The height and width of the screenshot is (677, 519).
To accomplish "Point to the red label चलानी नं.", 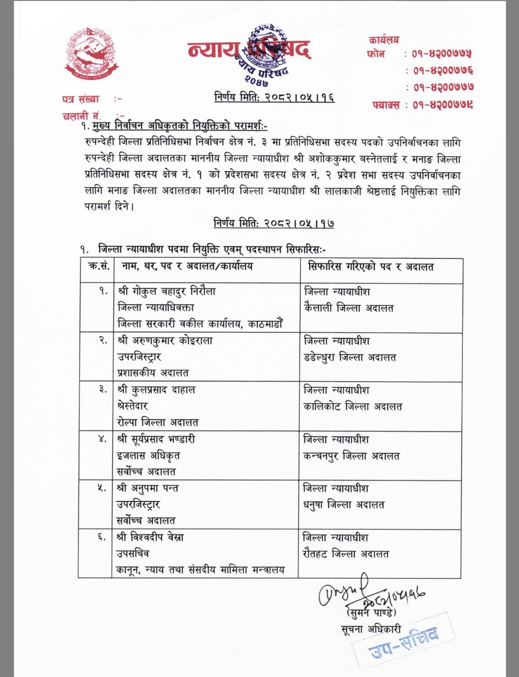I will [x=82, y=116].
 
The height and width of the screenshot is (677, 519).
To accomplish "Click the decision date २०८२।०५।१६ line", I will [x=274, y=97].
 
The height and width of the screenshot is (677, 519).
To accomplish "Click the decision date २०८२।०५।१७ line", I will [x=274, y=223].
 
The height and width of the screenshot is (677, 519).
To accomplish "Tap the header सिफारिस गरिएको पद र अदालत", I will [x=371, y=267].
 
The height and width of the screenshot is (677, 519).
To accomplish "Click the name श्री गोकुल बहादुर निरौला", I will [x=167, y=291].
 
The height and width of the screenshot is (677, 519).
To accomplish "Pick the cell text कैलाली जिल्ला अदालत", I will [x=349, y=308].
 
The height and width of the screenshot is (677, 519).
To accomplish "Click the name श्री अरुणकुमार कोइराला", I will [x=165, y=341].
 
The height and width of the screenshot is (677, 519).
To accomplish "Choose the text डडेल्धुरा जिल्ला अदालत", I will [x=350, y=357].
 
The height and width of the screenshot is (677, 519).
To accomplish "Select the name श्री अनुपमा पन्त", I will [x=154, y=488].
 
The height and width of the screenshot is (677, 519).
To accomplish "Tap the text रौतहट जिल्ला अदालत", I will [x=346, y=554].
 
